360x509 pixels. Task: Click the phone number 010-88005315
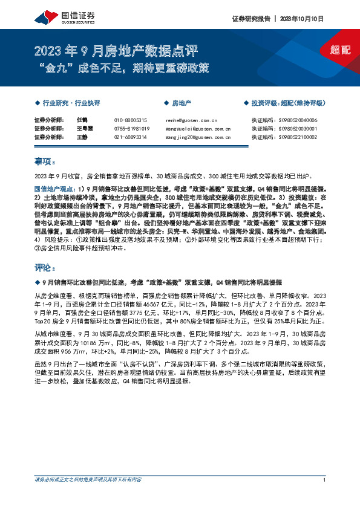pos(130,120)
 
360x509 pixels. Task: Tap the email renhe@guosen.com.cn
pos(192,120)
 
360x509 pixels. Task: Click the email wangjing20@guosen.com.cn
pos(198,137)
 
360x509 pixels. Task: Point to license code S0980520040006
pos(292,120)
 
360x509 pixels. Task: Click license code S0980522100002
pos(292,137)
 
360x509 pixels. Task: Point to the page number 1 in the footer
pos(326,498)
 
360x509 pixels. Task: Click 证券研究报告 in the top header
pos(251,19)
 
